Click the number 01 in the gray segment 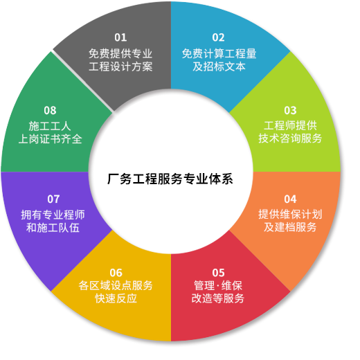click(x=120, y=37)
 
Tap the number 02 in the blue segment click(x=218, y=37)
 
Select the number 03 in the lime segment click(x=290, y=110)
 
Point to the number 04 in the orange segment click(x=290, y=199)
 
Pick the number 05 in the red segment click(x=218, y=273)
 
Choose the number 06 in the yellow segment click(x=116, y=273)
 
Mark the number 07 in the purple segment click(x=53, y=199)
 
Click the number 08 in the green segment click(x=50, y=110)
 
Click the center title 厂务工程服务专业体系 click(x=170, y=179)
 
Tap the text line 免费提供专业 click(x=120, y=53)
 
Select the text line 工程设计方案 click(x=120, y=66)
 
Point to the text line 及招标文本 click(x=219, y=66)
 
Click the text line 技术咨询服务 click(x=290, y=138)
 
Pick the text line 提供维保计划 click(x=290, y=214)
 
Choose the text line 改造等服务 click(x=218, y=298)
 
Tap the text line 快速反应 click(x=116, y=298)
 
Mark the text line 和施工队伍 click(x=53, y=228)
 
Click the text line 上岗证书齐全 click(x=50, y=139)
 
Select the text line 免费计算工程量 click(x=219, y=53)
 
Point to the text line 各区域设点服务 click(x=116, y=286)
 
